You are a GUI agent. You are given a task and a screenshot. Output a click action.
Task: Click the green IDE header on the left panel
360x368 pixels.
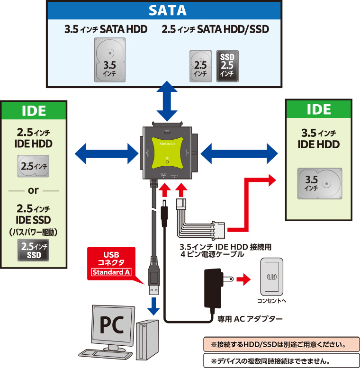pyautogui.click(x=34, y=111)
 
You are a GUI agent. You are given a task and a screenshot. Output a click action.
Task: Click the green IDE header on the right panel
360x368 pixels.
pyautogui.click(x=318, y=109)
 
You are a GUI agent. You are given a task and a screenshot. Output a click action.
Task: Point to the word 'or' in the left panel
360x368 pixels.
pyautogui.click(x=34, y=191)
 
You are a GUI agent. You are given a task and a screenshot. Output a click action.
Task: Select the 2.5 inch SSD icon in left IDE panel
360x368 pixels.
pyautogui.click(x=34, y=249)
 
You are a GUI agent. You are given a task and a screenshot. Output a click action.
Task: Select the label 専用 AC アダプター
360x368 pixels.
pyautogui.click(x=250, y=319)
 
